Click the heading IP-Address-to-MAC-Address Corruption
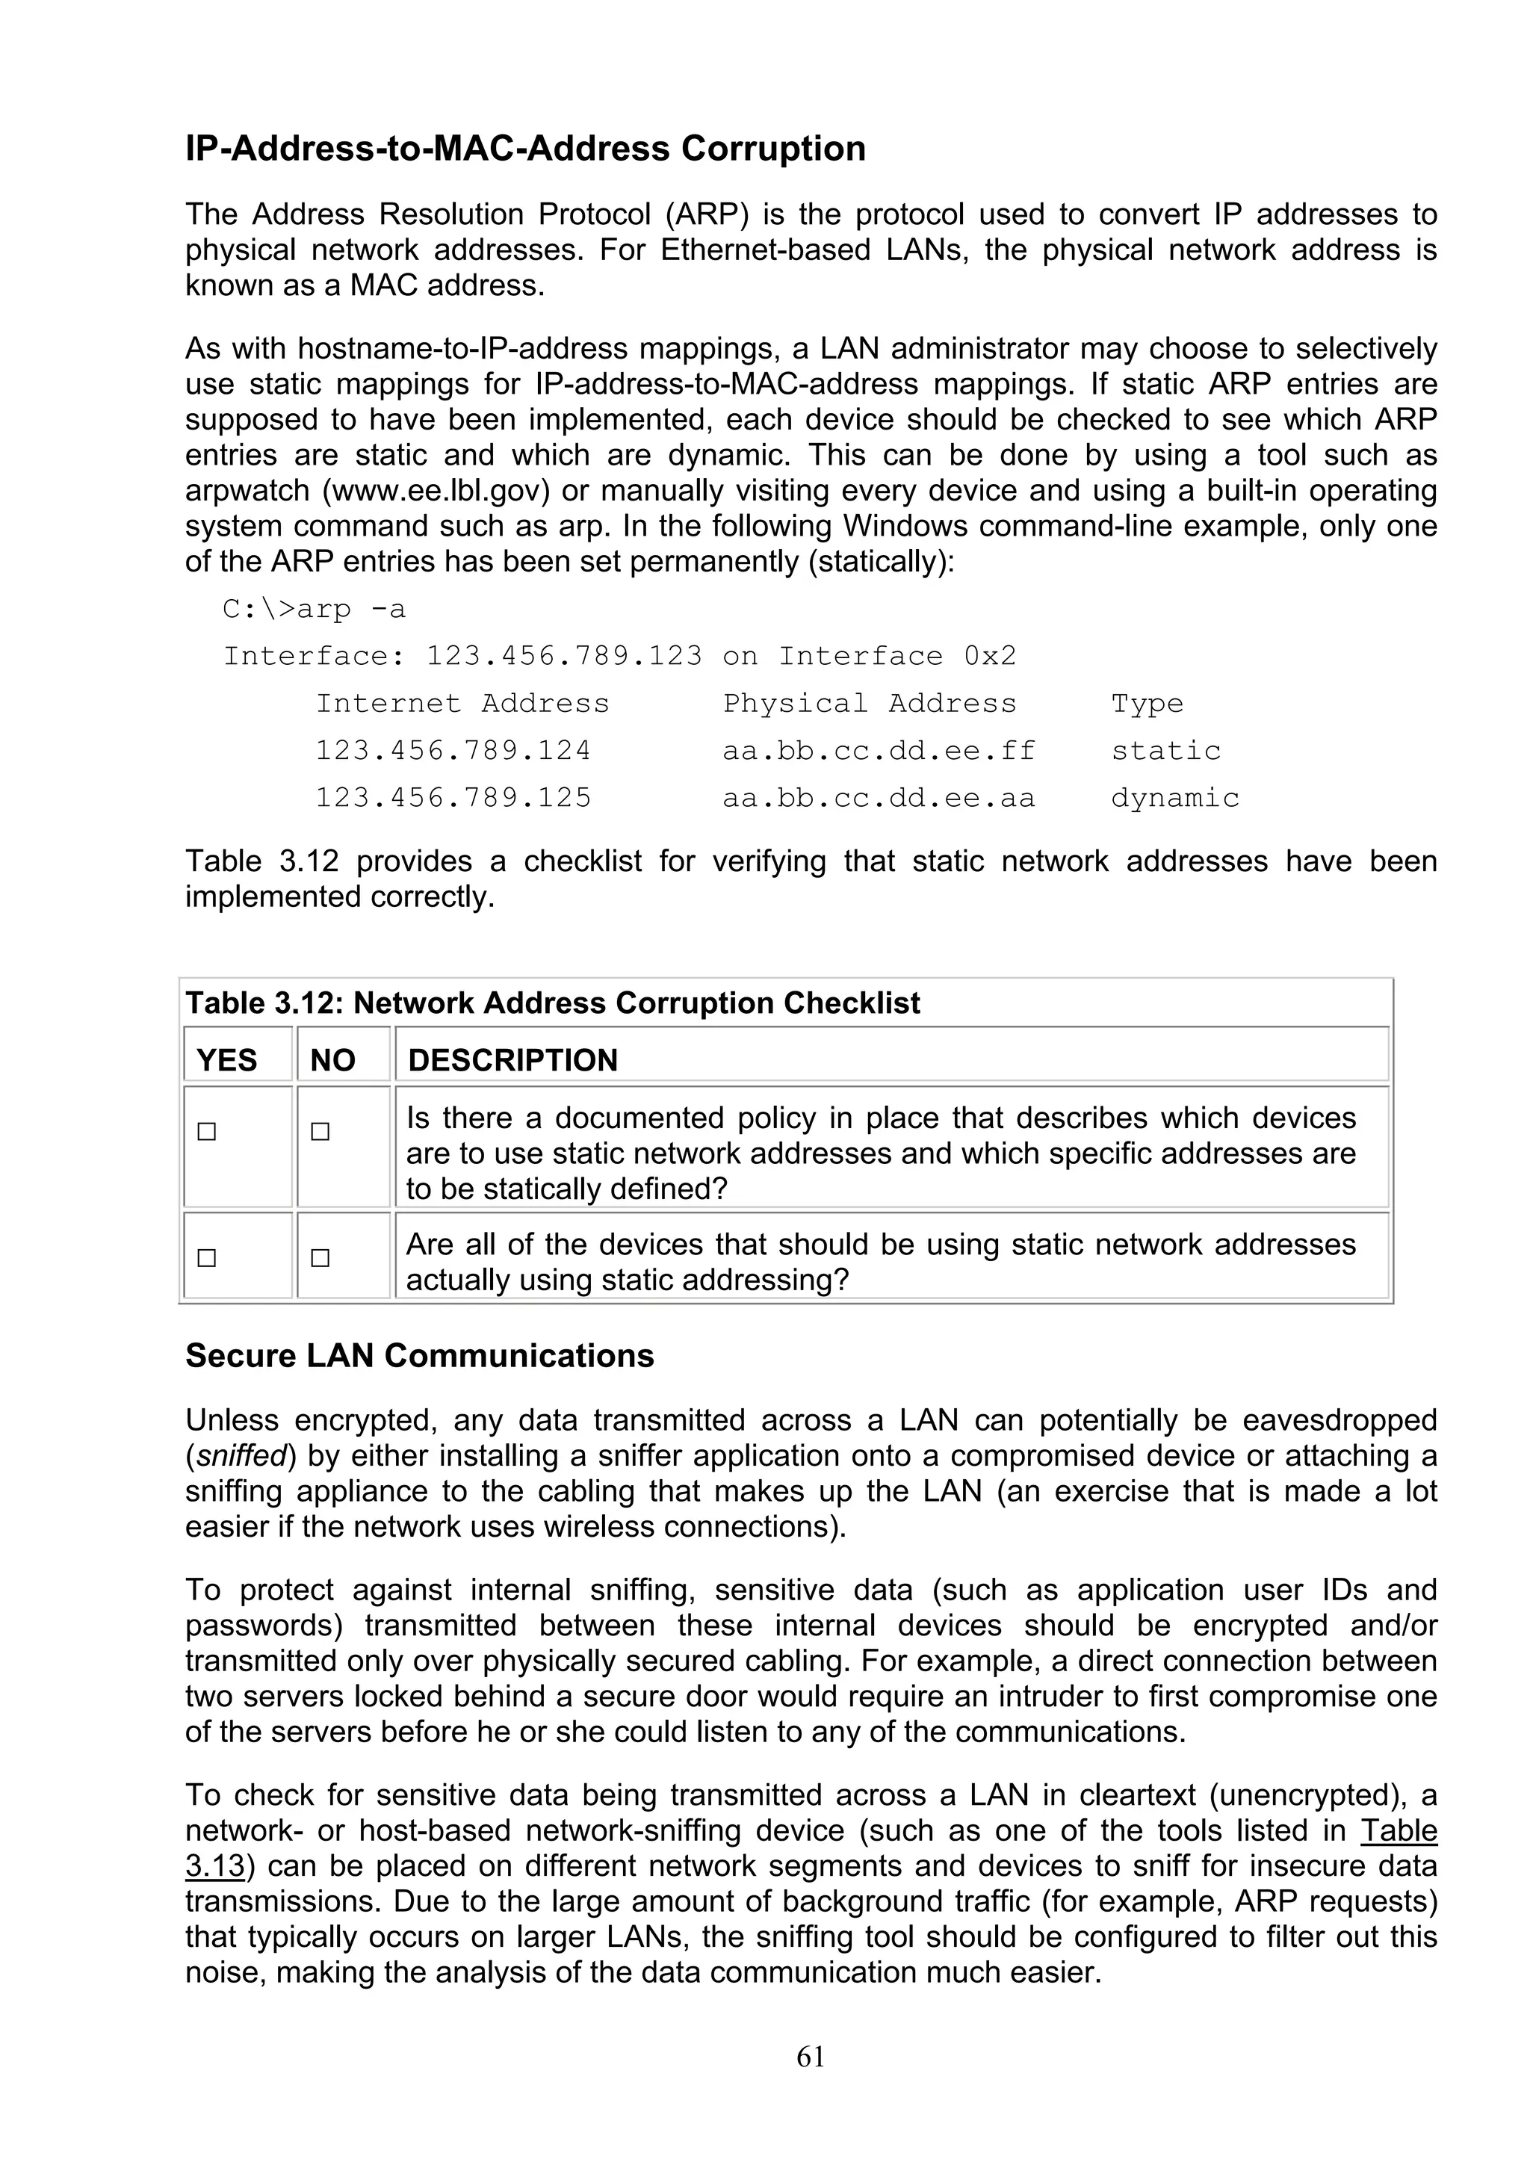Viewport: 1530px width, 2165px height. [525, 149]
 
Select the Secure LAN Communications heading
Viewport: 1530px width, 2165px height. [420, 1355]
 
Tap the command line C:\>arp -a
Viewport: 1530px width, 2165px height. [314, 609]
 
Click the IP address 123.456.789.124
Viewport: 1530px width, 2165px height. [453, 751]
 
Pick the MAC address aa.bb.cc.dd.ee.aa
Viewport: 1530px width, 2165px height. [879, 798]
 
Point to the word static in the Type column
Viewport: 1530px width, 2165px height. [1165, 751]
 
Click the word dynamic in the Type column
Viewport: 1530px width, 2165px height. [1174, 798]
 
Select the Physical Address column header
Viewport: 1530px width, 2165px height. [869, 704]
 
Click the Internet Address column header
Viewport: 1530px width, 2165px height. [462, 704]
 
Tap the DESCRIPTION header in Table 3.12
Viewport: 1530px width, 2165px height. [512, 1060]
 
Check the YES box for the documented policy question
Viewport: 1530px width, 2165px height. [206, 1132]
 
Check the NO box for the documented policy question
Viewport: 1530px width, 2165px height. [320, 1132]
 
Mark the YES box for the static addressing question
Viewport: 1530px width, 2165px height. [206, 1258]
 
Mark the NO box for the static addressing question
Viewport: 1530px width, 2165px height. [320, 1258]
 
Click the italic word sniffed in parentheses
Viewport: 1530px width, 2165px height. [241, 1456]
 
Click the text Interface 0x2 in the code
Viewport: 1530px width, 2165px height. [897, 656]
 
